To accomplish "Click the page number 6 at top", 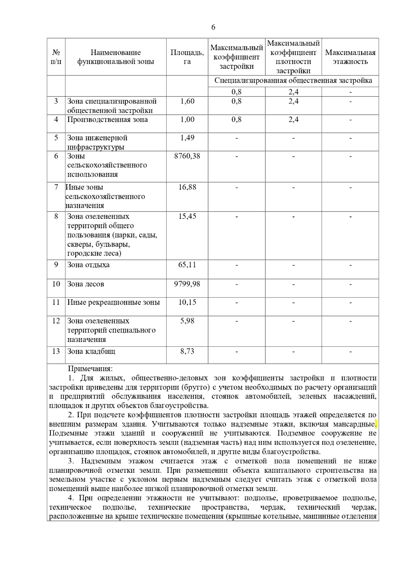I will [213, 27].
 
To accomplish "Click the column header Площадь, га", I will [187, 57].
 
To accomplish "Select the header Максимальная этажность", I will [350, 57].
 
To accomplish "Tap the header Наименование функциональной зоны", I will [115, 57].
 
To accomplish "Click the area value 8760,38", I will [187, 156].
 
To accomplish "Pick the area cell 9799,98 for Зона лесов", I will [187, 284].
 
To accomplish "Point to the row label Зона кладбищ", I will [91, 351].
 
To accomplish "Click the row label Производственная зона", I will [107, 119].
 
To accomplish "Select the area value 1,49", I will [187, 138].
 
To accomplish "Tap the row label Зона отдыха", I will [88, 265].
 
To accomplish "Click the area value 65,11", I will [187, 265].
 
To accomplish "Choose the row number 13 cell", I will [56, 351].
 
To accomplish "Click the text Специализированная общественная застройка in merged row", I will [293, 81].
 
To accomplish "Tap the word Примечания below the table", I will [90, 368].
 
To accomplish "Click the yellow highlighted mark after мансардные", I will [376, 424].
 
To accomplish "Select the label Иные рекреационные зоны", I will [113, 302].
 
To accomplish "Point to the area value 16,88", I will [187, 187].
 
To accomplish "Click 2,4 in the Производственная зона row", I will [293, 119].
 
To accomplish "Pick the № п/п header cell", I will [56, 57].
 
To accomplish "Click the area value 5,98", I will [187, 321].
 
